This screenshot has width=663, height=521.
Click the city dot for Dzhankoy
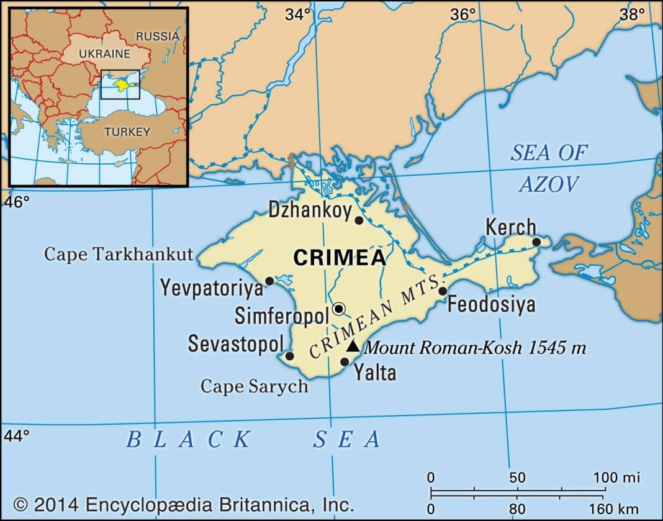click(359, 220)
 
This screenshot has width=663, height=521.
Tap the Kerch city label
click(510, 227)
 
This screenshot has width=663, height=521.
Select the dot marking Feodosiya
click(443, 291)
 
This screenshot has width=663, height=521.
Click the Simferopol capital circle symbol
click(339, 308)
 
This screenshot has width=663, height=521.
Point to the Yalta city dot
click(345, 361)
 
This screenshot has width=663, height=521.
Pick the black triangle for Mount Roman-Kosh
click(352, 346)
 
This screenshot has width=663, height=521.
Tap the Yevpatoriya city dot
click(269, 281)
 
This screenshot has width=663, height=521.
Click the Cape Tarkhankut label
click(119, 254)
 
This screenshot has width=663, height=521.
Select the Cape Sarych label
click(254, 386)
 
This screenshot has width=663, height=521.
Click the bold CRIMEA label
click(339, 258)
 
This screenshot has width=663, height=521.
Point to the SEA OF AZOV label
click(549, 168)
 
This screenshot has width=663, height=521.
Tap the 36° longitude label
click(463, 14)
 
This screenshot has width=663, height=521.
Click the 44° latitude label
click(17, 436)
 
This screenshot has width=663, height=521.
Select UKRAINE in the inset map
click(104, 54)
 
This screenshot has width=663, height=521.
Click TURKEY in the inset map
click(127, 132)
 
